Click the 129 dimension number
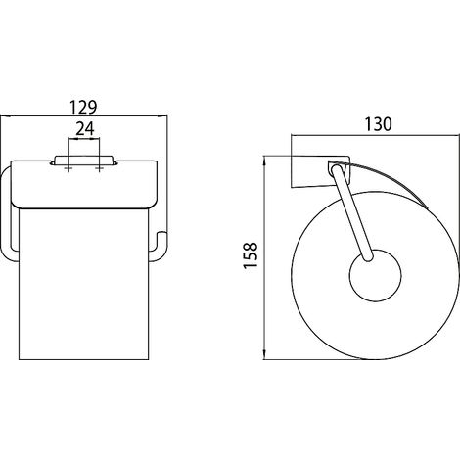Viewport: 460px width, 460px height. [x=83, y=107]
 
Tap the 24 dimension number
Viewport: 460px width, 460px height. [x=85, y=129]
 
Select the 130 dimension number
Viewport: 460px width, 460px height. [x=378, y=124]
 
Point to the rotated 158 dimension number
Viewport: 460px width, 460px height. [x=251, y=254]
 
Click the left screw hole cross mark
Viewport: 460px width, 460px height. [x=69, y=168]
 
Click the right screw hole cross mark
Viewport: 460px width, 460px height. [x=99, y=168]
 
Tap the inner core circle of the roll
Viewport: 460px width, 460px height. [x=375, y=276]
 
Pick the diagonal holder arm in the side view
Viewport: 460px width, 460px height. [x=351, y=212]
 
